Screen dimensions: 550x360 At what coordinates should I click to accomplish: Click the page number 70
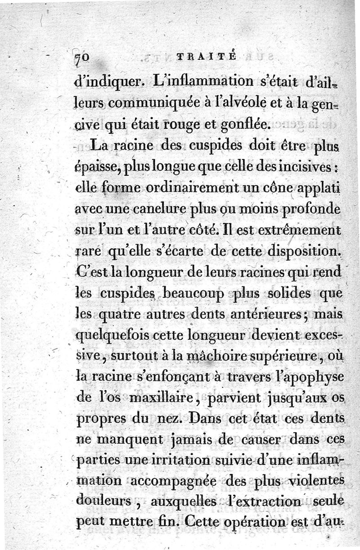(x=84, y=57)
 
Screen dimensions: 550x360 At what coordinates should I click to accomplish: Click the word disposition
(x=298, y=252)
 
